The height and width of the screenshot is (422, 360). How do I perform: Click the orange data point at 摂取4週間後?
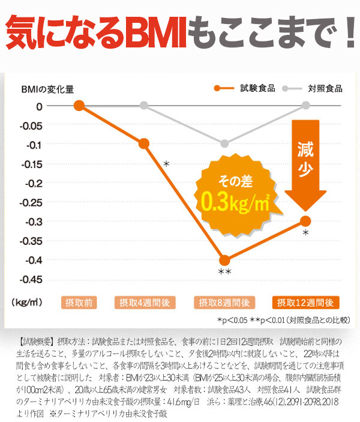[x=144, y=143]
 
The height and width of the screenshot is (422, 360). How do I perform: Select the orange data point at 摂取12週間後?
[x=305, y=221]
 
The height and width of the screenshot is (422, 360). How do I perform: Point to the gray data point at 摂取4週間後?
[x=144, y=106]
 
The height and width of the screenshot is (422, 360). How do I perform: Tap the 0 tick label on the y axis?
[x=40, y=106]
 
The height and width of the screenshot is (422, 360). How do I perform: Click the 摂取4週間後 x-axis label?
[x=144, y=302]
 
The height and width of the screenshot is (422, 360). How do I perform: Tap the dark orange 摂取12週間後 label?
[x=306, y=302]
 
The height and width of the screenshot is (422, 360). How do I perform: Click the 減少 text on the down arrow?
[x=305, y=157]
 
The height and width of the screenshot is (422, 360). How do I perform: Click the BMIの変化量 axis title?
[x=47, y=89]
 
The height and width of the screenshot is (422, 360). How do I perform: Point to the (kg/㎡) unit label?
[x=27, y=302]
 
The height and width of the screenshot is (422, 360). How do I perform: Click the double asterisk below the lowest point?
[x=224, y=274]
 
